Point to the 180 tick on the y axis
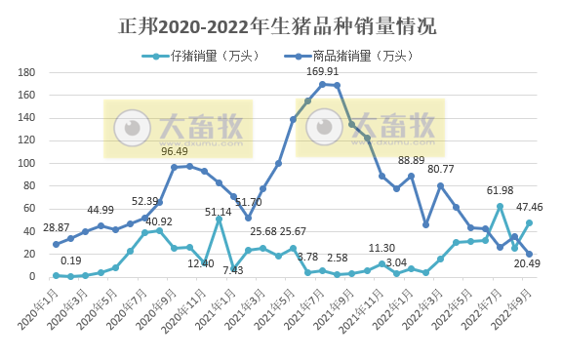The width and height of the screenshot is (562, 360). coord(27,73)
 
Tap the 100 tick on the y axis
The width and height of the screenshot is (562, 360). coord(27,164)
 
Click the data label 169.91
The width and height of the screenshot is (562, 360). coord(323,71)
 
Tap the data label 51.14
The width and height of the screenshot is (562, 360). coord(219,211)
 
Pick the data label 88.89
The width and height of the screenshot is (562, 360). coord(412,160)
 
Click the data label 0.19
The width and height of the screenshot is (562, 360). coord(70,260)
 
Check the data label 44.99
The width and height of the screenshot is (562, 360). coord(100,210)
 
